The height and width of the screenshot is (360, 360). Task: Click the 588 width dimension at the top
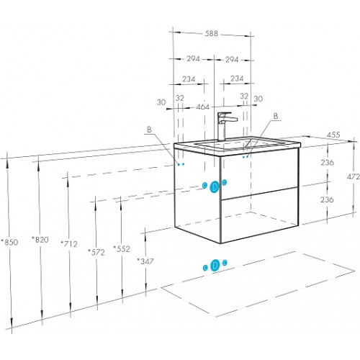pyautogui.click(x=212, y=33)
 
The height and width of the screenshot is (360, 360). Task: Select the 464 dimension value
pyautogui.click(x=203, y=107)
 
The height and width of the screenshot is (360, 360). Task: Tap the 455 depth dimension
pyautogui.click(x=333, y=135)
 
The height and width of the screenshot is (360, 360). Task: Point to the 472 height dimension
pyautogui.click(x=354, y=177)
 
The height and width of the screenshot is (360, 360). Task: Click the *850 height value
pyautogui.click(x=9, y=242)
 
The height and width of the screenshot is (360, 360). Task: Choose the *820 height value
pyautogui.click(x=40, y=240)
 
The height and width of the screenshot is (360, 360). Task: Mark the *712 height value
pyautogui.click(x=69, y=244)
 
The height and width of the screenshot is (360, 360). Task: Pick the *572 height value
pyautogui.click(x=96, y=252)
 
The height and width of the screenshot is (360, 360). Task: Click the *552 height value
pyautogui.click(x=122, y=249)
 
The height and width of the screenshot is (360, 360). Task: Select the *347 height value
pyautogui.click(x=145, y=261)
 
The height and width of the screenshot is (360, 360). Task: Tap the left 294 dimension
pyautogui.click(x=193, y=58)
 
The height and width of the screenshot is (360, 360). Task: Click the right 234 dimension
pyautogui.click(x=237, y=78)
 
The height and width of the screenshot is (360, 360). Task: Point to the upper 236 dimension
pyautogui.click(x=328, y=163)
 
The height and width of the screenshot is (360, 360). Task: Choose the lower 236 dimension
pyautogui.click(x=327, y=199)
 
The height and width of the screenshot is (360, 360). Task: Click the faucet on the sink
pyautogui.click(x=225, y=126)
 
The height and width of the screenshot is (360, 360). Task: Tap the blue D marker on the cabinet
pyautogui.click(x=215, y=187)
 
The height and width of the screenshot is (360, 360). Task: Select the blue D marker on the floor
pyautogui.click(x=215, y=266)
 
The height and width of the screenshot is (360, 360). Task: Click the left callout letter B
pyautogui.click(x=149, y=130)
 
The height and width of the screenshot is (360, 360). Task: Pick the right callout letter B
pyautogui.click(x=276, y=116)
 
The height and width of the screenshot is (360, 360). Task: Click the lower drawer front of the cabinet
pyautogui.click(x=260, y=215)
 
